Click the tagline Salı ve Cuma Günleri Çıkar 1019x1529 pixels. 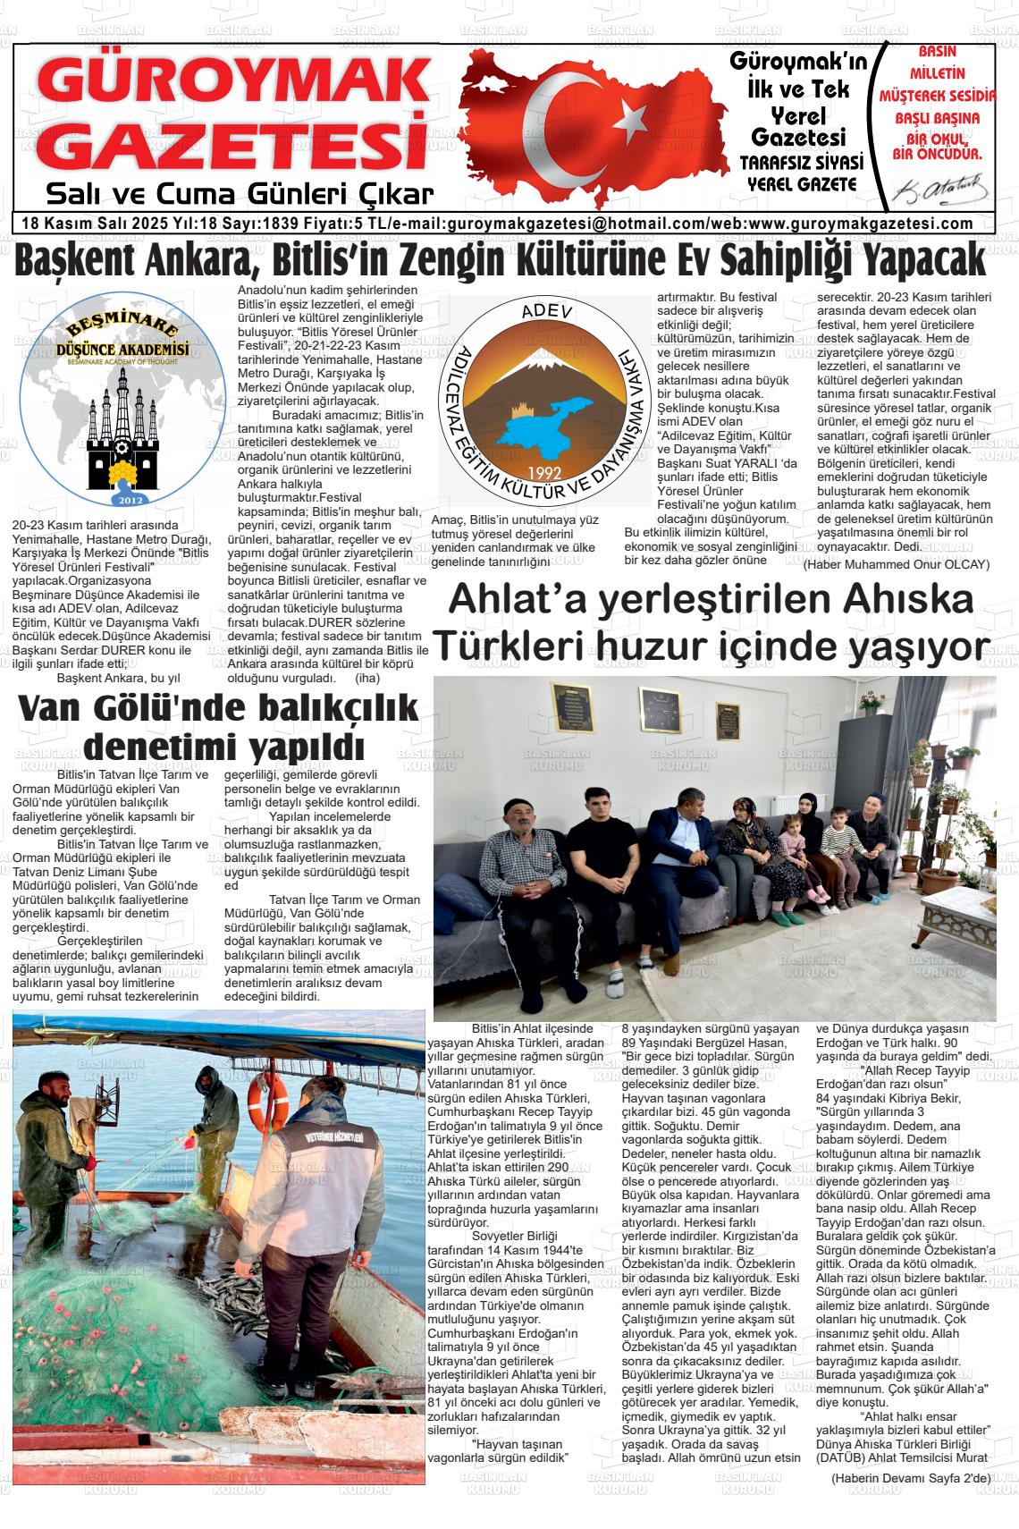240,194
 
